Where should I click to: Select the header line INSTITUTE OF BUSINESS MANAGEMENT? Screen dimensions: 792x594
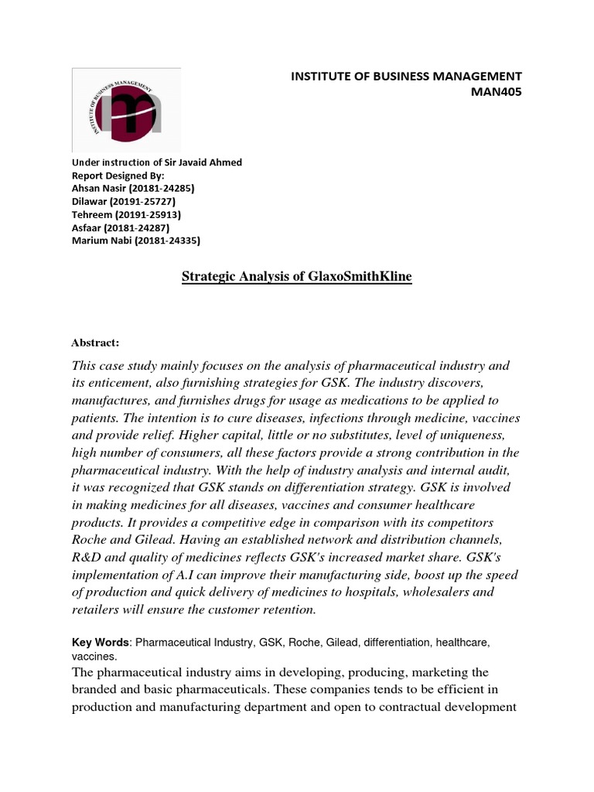(406, 76)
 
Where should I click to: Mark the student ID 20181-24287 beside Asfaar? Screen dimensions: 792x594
(142, 228)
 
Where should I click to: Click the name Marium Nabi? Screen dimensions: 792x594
(99, 241)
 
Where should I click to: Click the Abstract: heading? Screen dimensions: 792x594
(96, 343)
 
